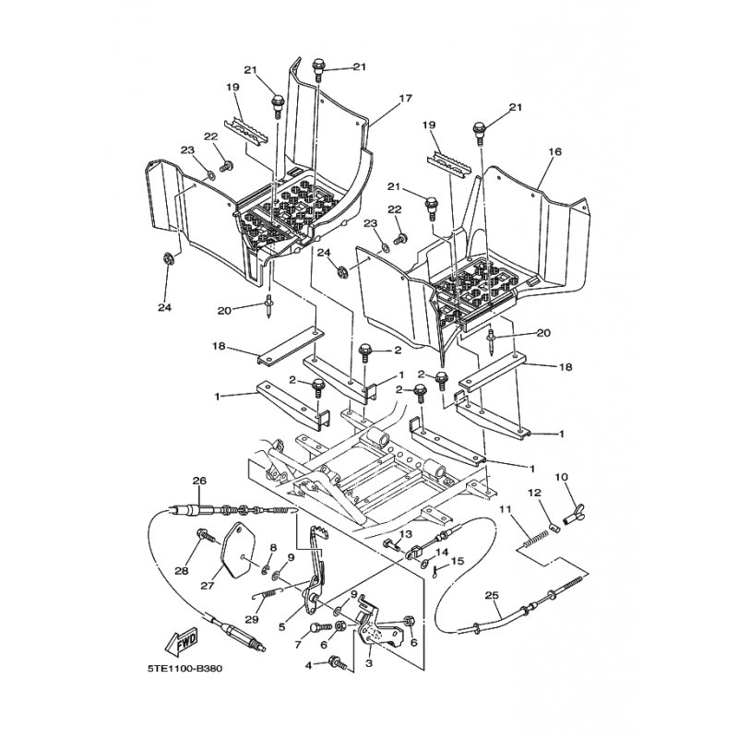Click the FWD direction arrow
click(182, 642)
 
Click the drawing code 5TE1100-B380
click(185, 668)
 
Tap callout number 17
click(405, 99)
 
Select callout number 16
click(555, 151)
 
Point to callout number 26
click(199, 481)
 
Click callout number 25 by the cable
click(492, 595)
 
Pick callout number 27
click(208, 586)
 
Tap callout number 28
click(182, 571)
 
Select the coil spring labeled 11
click(536, 539)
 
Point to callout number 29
click(252, 619)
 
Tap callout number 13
click(406, 534)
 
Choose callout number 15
click(458, 561)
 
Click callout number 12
click(534, 493)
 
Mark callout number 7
click(297, 645)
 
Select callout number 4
click(308, 666)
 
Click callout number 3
click(369, 663)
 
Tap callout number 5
click(282, 626)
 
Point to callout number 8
click(273, 547)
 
